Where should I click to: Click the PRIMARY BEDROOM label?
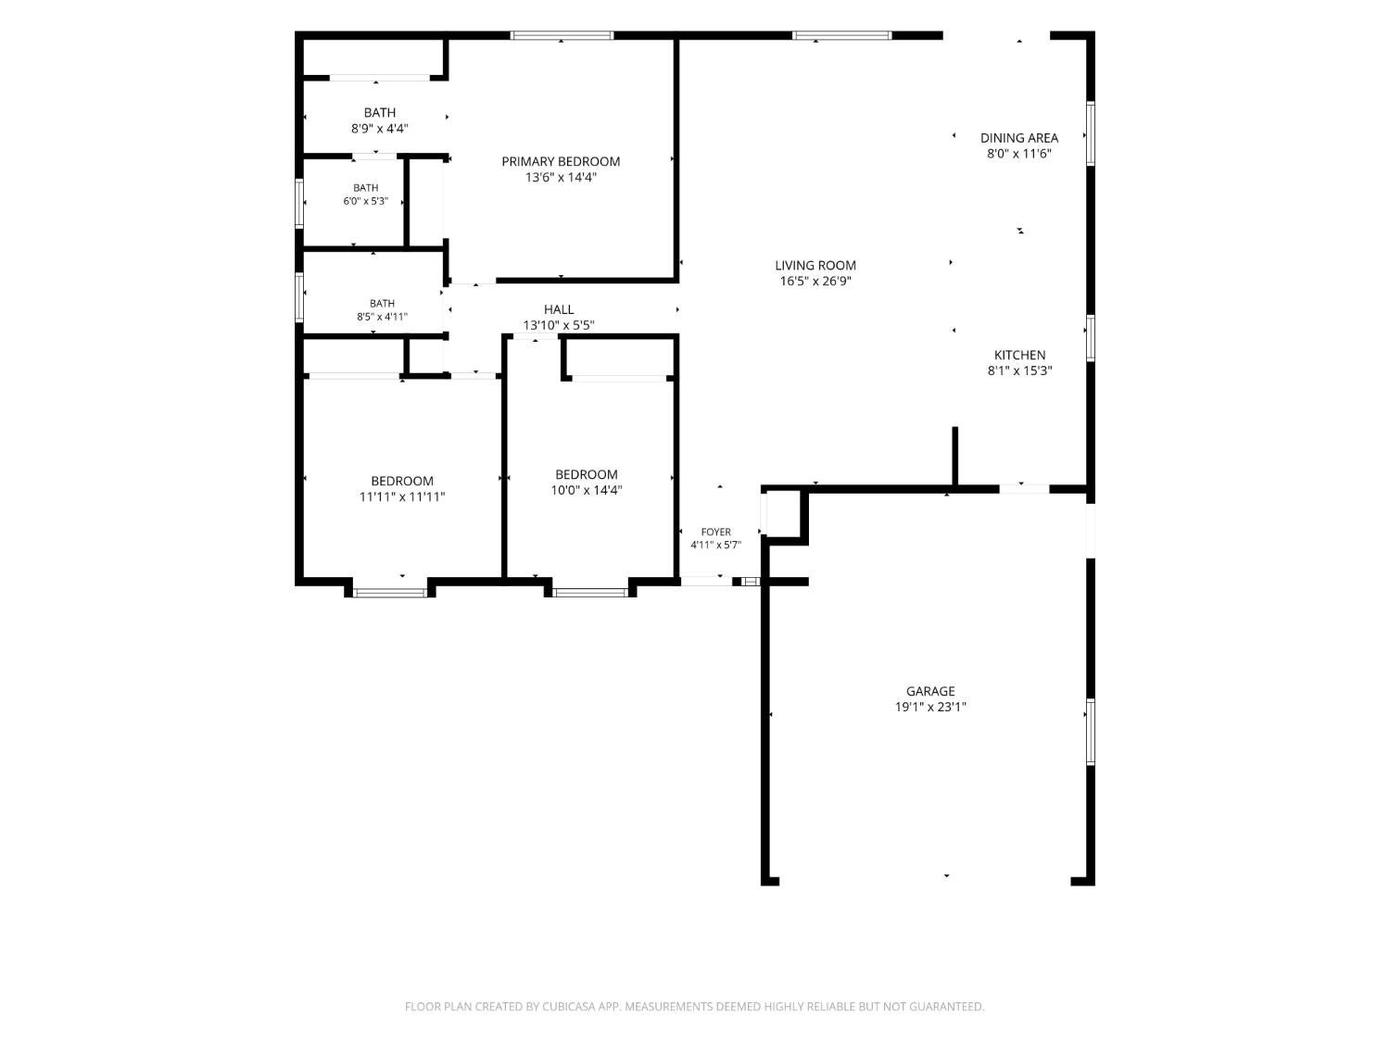pyautogui.click(x=561, y=161)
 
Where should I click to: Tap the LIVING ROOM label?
pyautogui.click(x=815, y=266)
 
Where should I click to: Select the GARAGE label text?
pyautogui.click(x=929, y=692)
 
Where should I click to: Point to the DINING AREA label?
pyautogui.click(x=1019, y=138)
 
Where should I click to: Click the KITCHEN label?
pyautogui.click(x=1019, y=355)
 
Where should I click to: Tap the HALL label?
pyautogui.click(x=559, y=309)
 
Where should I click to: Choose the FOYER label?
pyautogui.click(x=715, y=532)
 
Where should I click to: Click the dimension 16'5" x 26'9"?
pyautogui.click(x=815, y=282)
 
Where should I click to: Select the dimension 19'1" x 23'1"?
pyautogui.click(x=930, y=708)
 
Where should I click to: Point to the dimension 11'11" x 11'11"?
pyautogui.click(x=402, y=497)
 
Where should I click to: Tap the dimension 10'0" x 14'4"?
pyautogui.click(x=587, y=490)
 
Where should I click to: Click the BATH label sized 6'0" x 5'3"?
pyautogui.click(x=365, y=188)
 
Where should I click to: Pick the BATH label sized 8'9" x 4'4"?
pyautogui.click(x=379, y=113)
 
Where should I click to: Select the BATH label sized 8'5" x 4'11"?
pyautogui.click(x=382, y=304)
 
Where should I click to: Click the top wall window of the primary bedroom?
pyautogui.click(x=562, y=35)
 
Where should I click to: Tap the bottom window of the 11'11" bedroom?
pyautogui.click(x=389, y=593)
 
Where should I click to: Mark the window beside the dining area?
pyautogui.click(x=1091, y=133)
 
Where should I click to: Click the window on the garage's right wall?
pyautogui.click(x=1091, y=732)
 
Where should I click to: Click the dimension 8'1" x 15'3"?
pyautogui.click(x=1019, y=370)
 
